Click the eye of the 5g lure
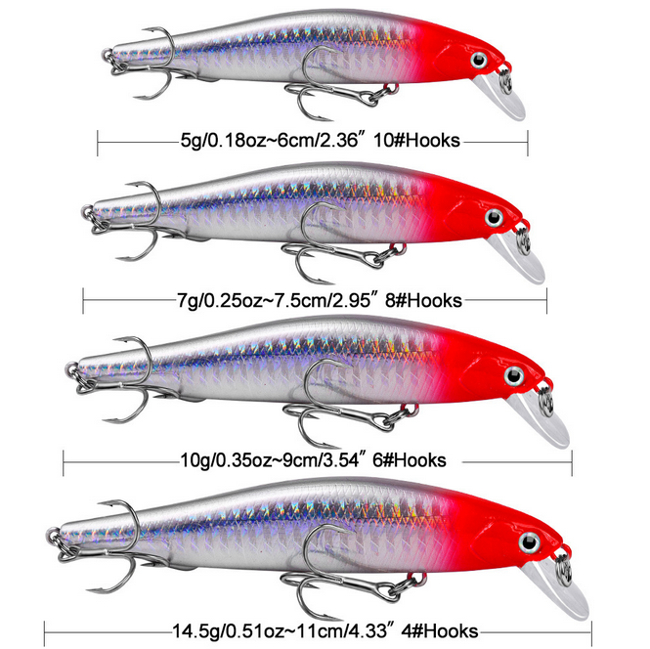(x=480, y=61)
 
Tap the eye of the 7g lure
(x=496, y=215)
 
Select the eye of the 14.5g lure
(x=532, y=541)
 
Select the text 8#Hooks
(x=423, y=299)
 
